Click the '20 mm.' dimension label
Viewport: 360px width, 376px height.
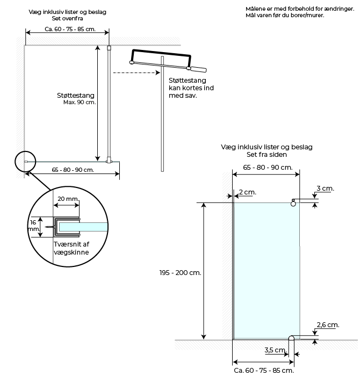point(68,199)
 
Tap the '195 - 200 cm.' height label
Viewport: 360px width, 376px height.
point(180,273)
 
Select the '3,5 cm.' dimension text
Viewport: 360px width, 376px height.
point(276,350)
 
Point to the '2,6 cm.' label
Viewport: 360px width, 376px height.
point(328,324)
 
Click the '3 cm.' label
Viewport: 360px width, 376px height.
point(325,188)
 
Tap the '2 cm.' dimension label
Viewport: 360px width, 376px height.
point(248,192)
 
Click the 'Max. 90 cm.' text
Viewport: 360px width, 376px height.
point(80,103)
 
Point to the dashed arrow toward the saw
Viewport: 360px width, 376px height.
point(136,73)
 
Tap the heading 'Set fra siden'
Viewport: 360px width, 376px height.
point(267,155)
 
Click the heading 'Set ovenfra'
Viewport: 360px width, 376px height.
point(67,18)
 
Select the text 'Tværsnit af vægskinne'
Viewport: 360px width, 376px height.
point(71,248)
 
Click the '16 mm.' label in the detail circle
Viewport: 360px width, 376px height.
point(34,226)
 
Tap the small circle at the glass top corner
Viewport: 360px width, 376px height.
point(293,204)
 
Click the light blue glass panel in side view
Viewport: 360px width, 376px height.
point(267,271)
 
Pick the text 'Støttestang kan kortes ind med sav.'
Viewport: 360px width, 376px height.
point(191,88)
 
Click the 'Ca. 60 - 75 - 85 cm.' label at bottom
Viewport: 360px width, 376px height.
point(264,370)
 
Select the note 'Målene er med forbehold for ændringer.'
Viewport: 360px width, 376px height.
point(300,9)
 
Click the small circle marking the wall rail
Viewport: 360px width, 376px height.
point(25,162)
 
